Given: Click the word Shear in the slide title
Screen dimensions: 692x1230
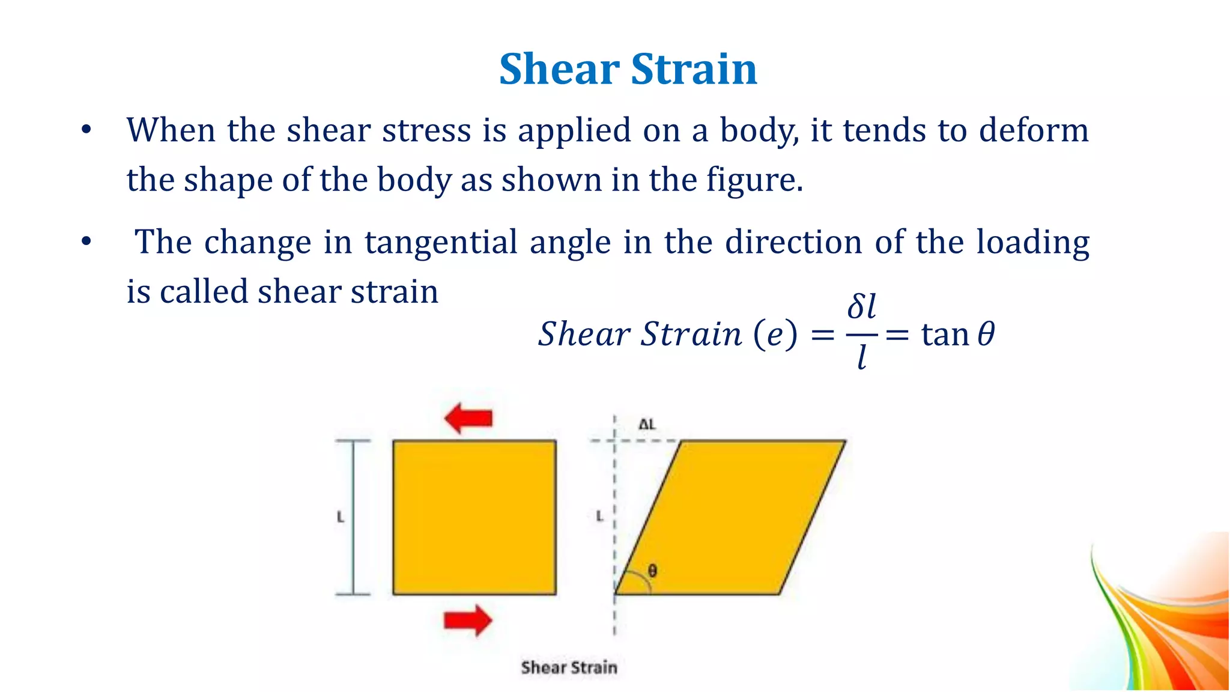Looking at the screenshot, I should pos(559,69).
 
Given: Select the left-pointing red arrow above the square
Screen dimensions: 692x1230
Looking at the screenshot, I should pos(468,417).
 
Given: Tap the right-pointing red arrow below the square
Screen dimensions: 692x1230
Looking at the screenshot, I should pos(468,620).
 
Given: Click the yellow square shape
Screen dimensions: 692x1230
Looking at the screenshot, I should pos(474,517).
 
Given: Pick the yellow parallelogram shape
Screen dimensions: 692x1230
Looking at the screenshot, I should pos(730,517).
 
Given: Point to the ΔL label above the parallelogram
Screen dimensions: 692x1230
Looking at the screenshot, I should pos(647,425).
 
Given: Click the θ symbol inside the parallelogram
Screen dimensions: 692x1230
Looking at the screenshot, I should pos(652,570).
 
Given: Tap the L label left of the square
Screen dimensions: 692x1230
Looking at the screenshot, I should pos(341,517).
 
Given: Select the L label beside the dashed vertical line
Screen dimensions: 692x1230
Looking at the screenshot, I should pos(599,515).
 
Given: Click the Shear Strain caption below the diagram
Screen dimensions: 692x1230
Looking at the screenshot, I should pos(569,667).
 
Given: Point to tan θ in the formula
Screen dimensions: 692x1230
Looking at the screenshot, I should pos(957,334).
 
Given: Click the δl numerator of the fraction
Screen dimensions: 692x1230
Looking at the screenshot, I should pos(861,306).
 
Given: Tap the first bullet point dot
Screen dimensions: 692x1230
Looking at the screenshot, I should pos(86,130).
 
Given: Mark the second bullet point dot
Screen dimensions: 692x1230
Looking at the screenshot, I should pos(86,241).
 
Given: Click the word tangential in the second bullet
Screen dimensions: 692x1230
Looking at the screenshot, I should pos(441,243).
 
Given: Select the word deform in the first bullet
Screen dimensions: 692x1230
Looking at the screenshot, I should pos(1034,130).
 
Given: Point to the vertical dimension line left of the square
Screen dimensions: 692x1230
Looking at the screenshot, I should pos(353,517).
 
